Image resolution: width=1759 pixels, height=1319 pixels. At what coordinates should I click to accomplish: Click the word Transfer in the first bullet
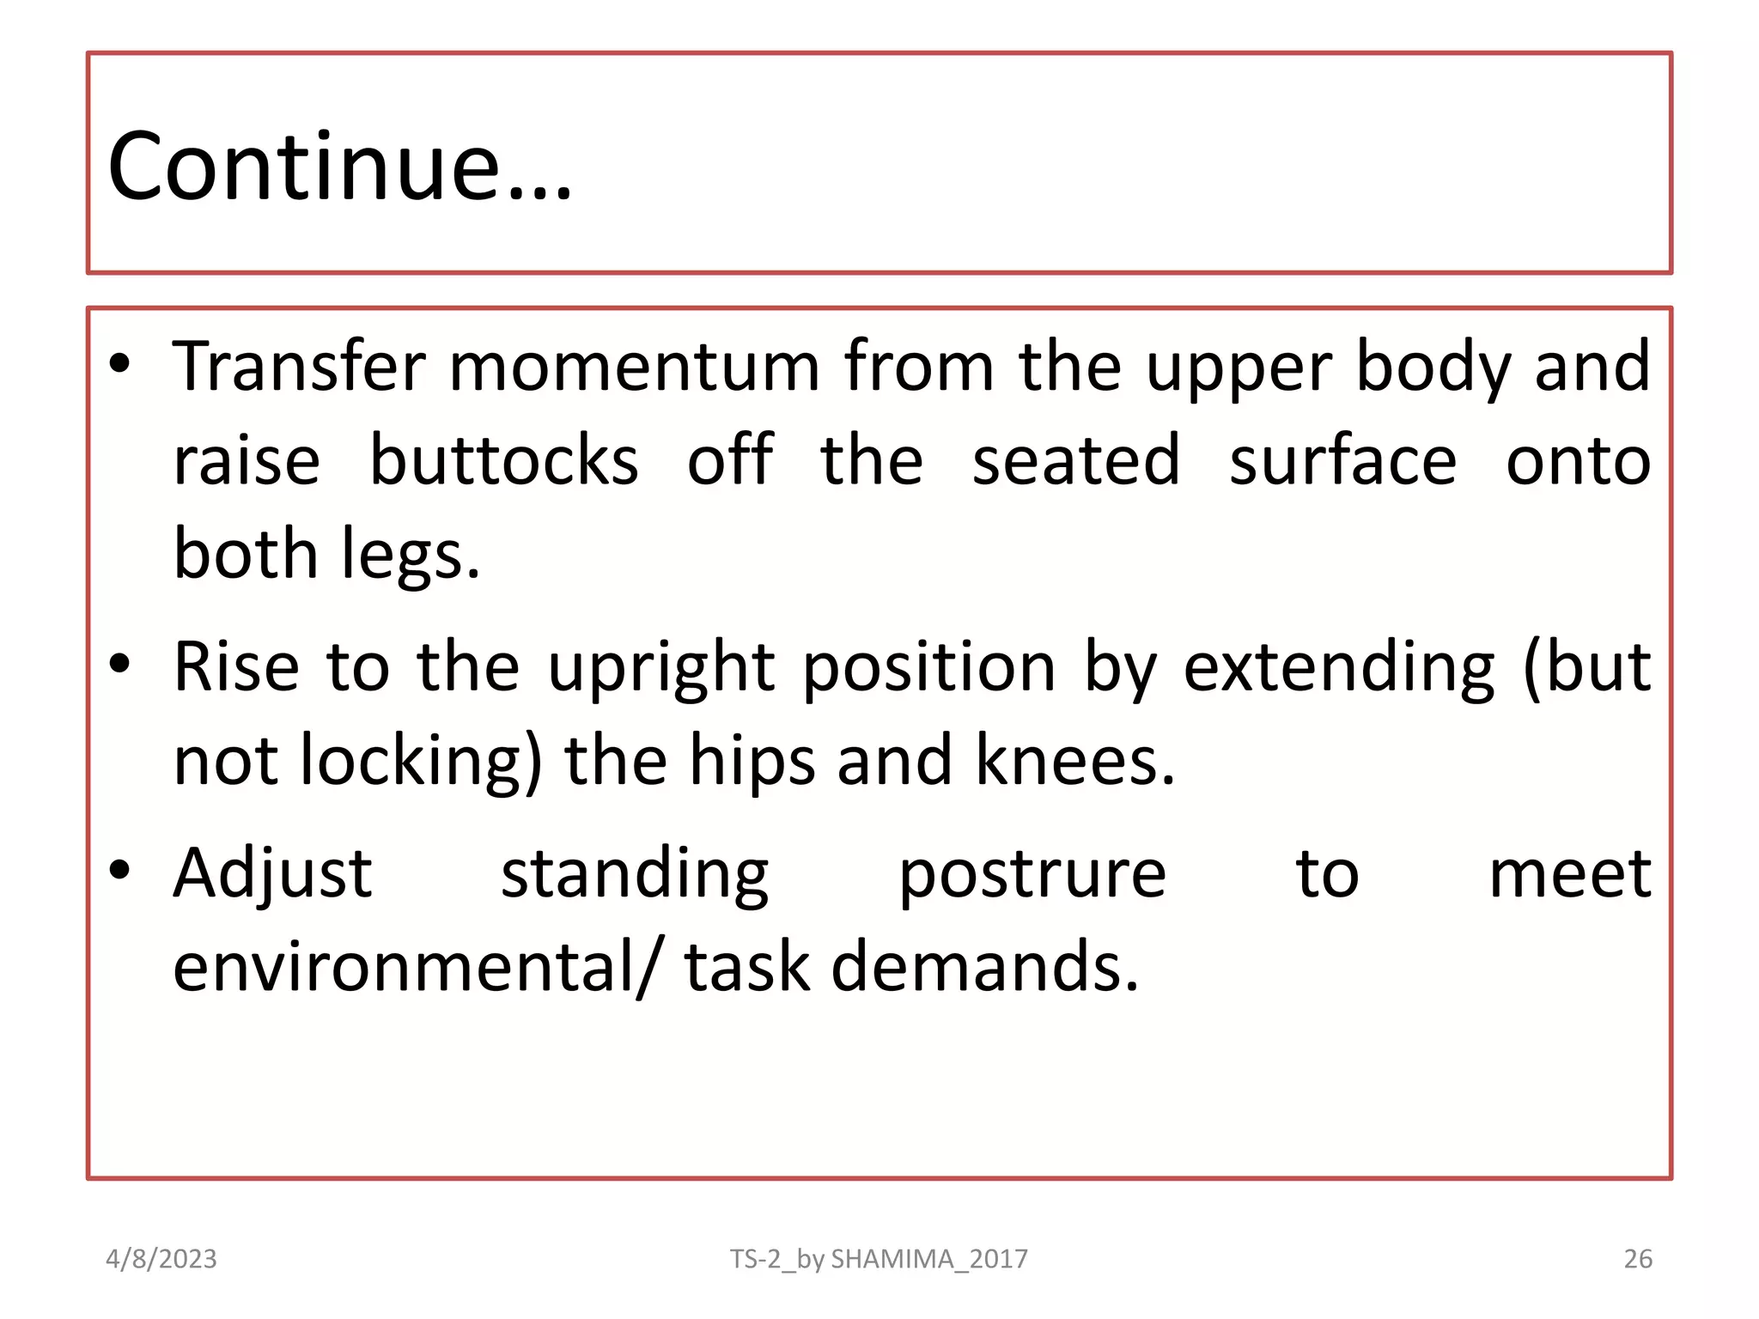(299, 367)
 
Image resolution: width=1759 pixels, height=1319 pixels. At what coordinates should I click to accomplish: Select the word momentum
(635, 367)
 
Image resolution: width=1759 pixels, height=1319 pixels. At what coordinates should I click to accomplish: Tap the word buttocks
(504, 461)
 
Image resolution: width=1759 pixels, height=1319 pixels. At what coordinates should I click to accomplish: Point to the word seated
(1076, 461)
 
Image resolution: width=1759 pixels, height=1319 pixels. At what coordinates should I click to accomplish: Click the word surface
(1342, 461)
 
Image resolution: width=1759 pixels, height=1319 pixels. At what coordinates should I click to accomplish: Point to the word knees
(1074, 761)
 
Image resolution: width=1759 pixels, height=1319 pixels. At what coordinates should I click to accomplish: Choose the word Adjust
(273, 874)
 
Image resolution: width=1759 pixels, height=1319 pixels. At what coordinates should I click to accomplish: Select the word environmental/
(418, 968)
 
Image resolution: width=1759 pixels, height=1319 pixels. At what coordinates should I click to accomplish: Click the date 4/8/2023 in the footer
(161, 1259)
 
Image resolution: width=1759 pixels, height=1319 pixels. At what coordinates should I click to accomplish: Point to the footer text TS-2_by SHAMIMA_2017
(879, 1259)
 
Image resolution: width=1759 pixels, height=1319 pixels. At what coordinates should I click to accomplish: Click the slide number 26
(1638, 1259)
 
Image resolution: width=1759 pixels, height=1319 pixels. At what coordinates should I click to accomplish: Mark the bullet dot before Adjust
(120, 870)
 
